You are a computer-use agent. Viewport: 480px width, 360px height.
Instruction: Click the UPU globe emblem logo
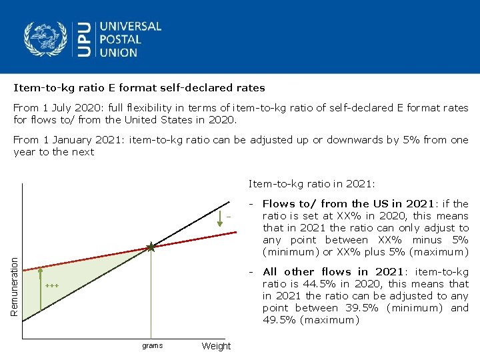point(46,39)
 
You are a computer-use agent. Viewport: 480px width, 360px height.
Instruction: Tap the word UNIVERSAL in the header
point(131,27)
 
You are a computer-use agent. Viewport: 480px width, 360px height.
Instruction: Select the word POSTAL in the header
point(121,39)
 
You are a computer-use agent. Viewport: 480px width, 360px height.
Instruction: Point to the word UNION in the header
point(119,52)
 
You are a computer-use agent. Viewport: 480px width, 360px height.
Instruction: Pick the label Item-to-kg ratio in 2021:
point(312,183)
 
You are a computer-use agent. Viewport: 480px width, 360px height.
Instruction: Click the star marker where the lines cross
point(151,247)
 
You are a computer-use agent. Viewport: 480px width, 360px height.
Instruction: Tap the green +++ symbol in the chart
point(52,286)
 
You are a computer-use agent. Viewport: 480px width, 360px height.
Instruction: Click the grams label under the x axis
point(152,345)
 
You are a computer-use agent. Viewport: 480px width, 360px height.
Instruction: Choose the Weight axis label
point(216,346)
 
